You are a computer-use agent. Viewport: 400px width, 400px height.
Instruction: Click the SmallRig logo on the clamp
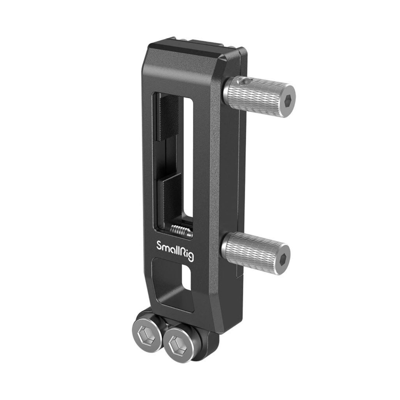[x=174, y=247]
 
